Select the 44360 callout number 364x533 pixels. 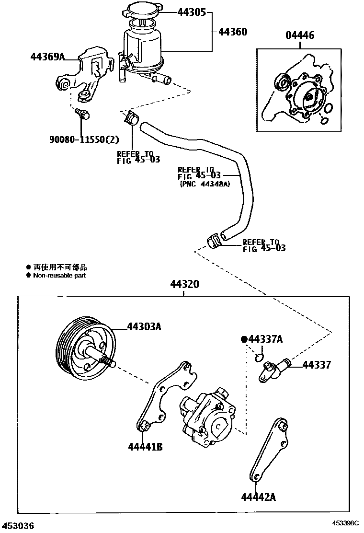[233, 32]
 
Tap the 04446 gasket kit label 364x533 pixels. [300, 35]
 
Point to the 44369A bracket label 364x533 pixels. [47, 57]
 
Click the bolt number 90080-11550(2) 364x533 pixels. [84, 139]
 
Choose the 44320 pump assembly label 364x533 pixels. [184, 284]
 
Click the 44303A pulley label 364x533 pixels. [144, 327]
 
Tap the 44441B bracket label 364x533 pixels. [145, 447]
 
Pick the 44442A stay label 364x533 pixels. [259, 497]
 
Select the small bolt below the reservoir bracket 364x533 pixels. [83, 114]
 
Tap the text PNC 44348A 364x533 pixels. [205, 184]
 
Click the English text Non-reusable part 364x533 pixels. [59, 276]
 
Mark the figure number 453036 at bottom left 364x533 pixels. [18, 526]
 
